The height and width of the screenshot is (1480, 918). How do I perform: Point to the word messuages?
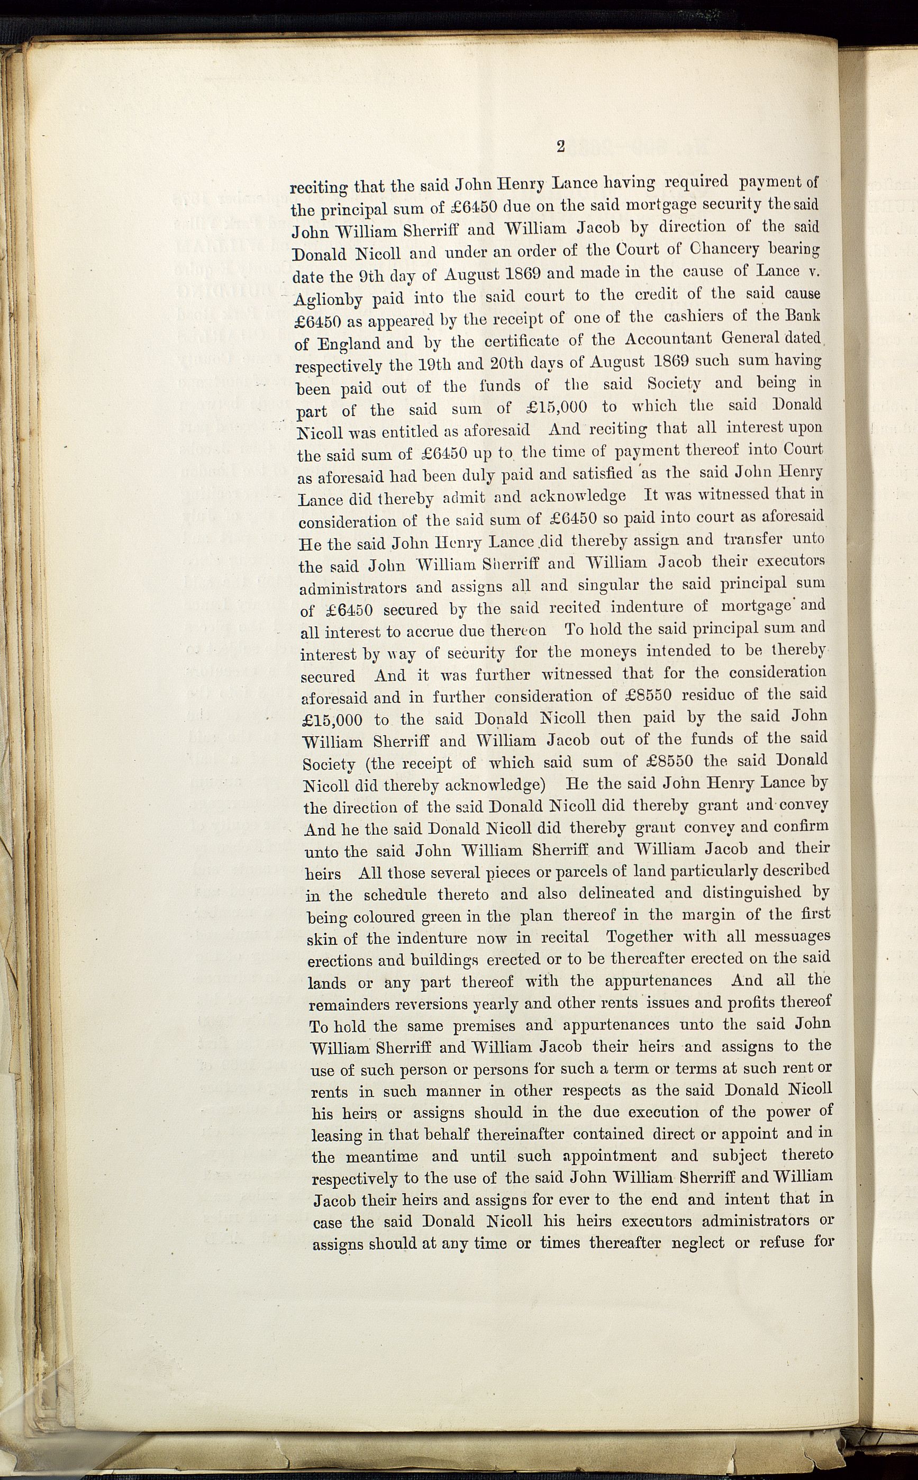(792, 936)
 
